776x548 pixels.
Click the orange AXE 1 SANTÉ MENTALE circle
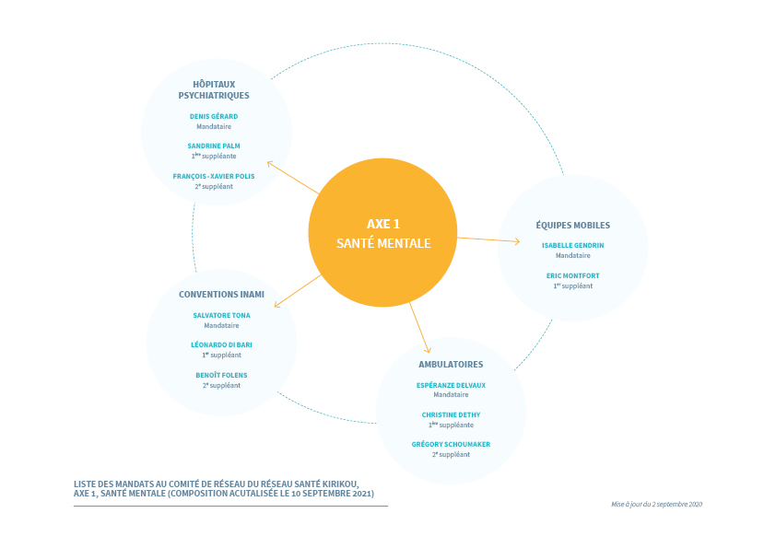click(382, 232)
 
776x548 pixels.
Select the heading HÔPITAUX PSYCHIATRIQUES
click(214, 89)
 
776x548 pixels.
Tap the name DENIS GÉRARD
click(214, 116)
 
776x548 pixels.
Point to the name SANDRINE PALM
click(214, 146)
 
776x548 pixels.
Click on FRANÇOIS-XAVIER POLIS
click(214, 176)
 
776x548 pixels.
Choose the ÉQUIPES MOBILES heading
click(573, 225)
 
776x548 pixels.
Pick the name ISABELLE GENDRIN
click(573, 245)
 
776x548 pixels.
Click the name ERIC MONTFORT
click(573, 275)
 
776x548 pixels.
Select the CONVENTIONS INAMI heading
click(222, 295)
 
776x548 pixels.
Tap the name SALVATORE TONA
click(222, 315)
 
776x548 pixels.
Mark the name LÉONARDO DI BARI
click(222, 344)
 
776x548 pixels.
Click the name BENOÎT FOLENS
click(222, 375)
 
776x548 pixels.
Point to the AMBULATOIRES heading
click(451, 365)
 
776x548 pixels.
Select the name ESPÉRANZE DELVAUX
click(451, 385)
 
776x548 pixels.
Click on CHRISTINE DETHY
click(451, 415)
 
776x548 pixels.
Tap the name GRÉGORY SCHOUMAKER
click(451, 444)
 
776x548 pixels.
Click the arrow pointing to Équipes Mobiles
click(489, 239)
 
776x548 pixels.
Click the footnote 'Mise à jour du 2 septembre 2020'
click(657, 504)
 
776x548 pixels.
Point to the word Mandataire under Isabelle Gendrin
click(573, 256)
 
